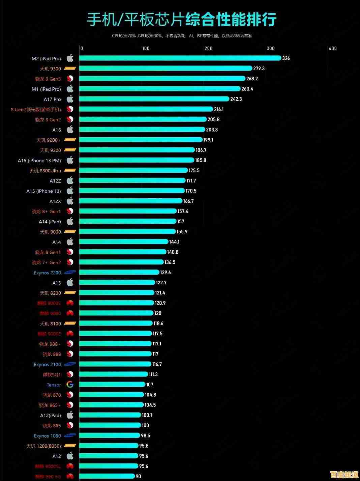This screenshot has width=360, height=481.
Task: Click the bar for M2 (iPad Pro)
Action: tap(180, 58)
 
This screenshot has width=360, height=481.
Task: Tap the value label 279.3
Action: tap(259, 68)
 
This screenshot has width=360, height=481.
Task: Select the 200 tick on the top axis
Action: tap(208, 48)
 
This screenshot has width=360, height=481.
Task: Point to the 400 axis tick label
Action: tap(333, 48)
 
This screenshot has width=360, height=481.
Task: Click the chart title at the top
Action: tap(182, 20)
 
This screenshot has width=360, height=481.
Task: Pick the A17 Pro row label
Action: tap(52, 99)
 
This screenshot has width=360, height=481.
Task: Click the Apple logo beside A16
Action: tap(70, 130)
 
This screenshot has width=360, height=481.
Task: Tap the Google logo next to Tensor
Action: tap(70, 385)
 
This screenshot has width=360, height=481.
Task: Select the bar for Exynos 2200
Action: tap(119, 272)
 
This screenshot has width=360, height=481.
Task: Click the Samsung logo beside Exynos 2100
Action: tap(70, 364)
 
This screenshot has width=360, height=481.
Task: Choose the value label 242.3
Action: tap(236, 99)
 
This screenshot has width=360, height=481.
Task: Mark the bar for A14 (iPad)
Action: tap(128, 221)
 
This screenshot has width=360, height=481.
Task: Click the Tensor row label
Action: tap(54, 385)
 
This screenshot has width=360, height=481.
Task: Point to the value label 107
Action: tap(150, 385)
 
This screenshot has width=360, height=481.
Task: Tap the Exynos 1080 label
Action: tap(47, 436)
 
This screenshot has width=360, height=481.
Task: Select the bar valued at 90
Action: tap(107, 476)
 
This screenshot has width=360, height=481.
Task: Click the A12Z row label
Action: tap(55, 181)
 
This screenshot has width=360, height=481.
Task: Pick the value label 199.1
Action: tap(208, 140)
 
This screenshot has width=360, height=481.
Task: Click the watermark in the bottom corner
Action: tap(344, 475)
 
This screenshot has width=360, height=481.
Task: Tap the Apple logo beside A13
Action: tap(70, 282)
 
